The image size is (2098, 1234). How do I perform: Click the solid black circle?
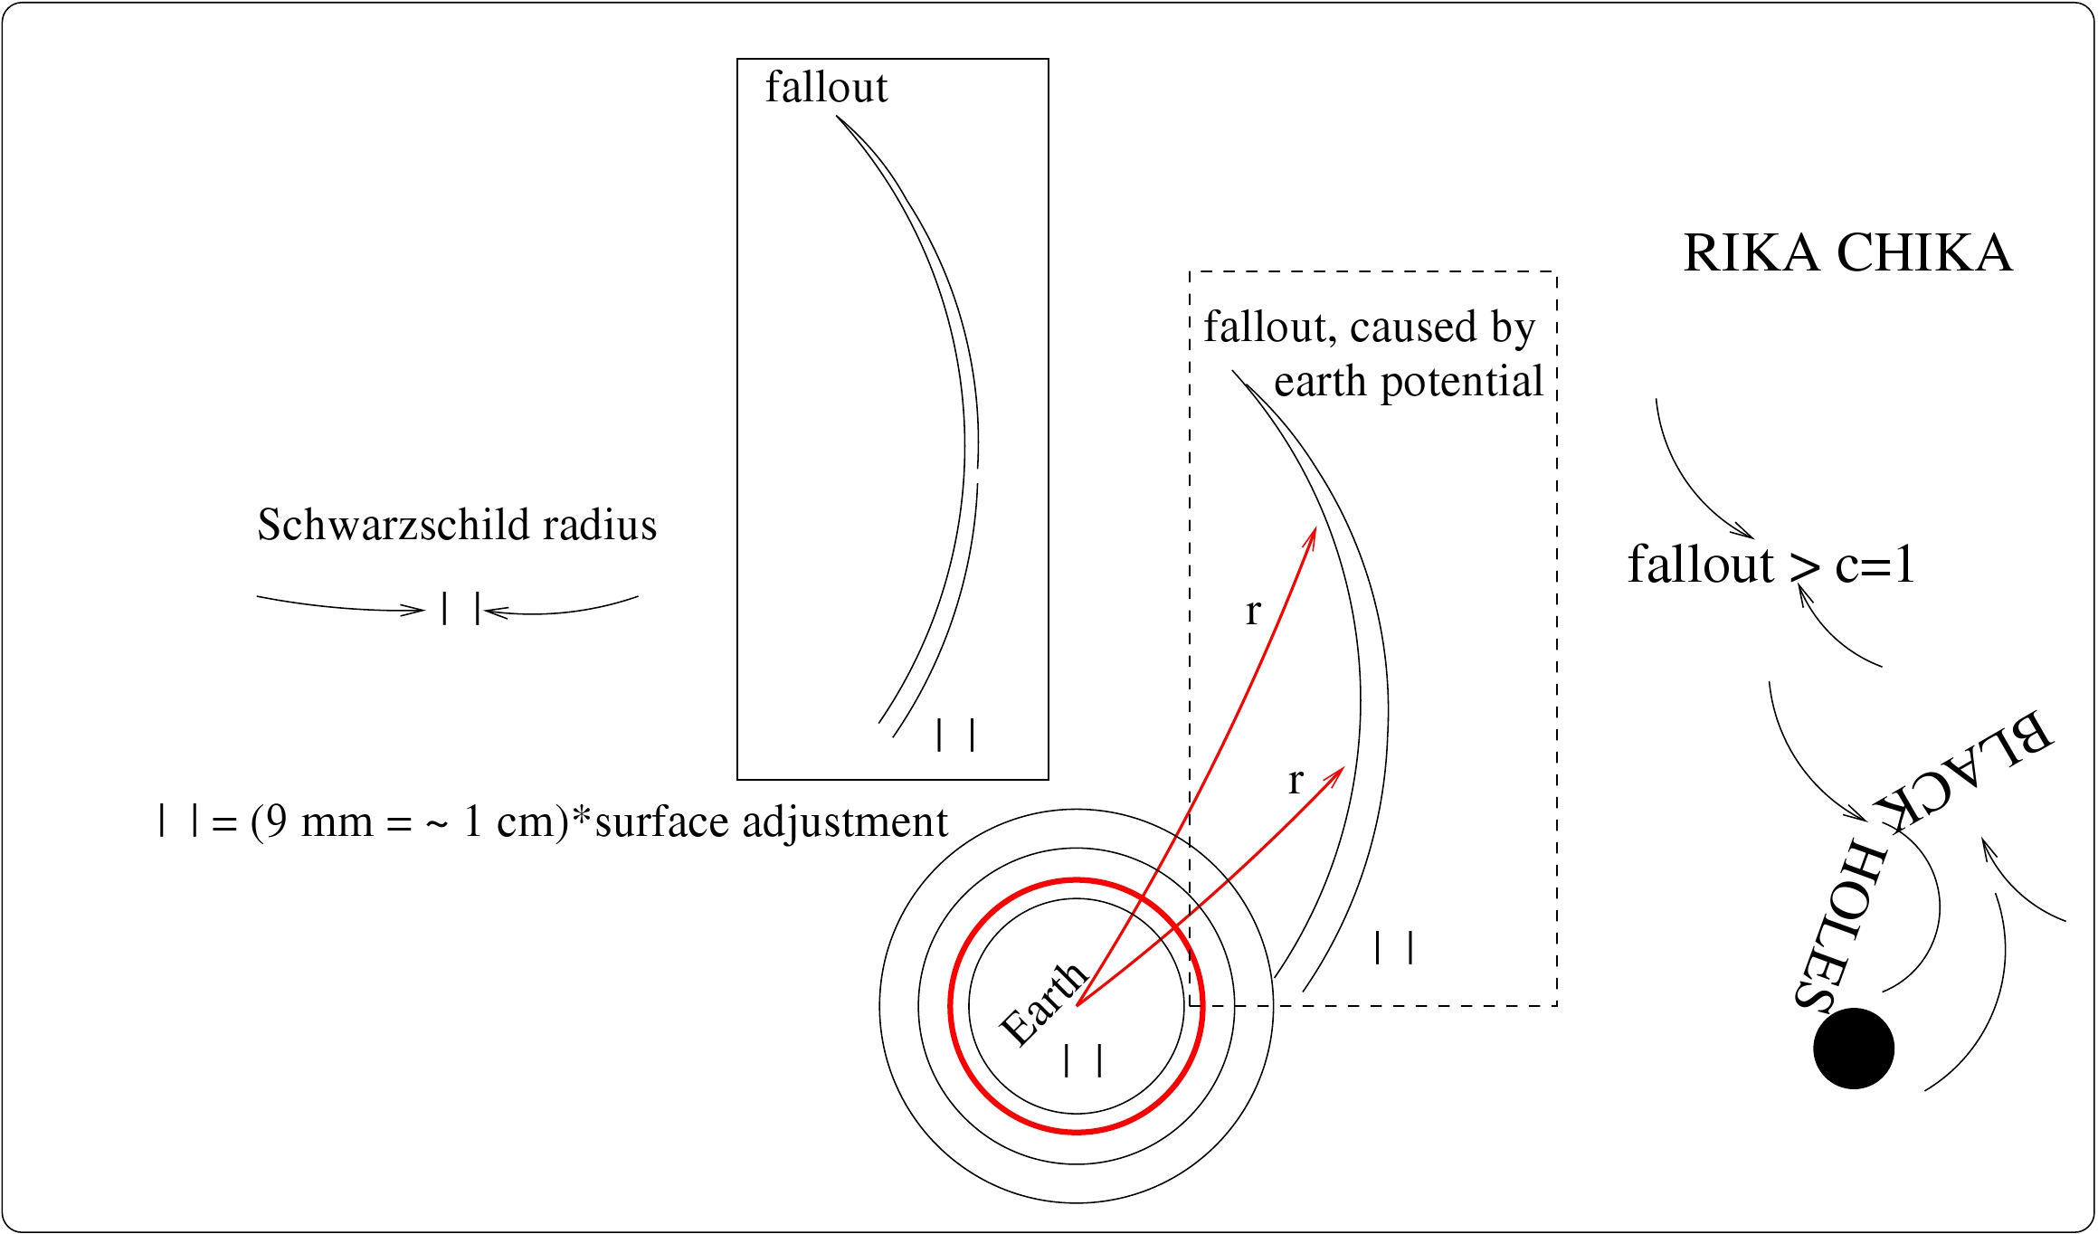click(x=1853, y=1048)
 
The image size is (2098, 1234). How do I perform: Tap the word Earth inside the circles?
click(x=1043, y=1002)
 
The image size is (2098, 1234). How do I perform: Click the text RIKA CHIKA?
click(x=1847, y=252)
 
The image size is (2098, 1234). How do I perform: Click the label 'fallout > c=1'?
click(x=1771, y=565)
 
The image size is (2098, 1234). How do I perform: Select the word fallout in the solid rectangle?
click(x=826, y=88)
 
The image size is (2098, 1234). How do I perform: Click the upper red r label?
click(x=1253, y=612)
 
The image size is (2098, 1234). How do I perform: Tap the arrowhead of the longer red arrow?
click(x=1313, y=533)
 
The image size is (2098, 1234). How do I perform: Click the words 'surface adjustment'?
click(x=771, y=822)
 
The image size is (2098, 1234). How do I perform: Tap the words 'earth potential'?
click(x=1408, y=382)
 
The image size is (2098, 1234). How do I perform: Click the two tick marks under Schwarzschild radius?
click(x=460, y=609)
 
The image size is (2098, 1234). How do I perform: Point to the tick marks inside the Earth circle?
click(x=1083, y=1059)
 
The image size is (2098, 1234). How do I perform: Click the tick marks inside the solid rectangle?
click(x=955, y=735)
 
